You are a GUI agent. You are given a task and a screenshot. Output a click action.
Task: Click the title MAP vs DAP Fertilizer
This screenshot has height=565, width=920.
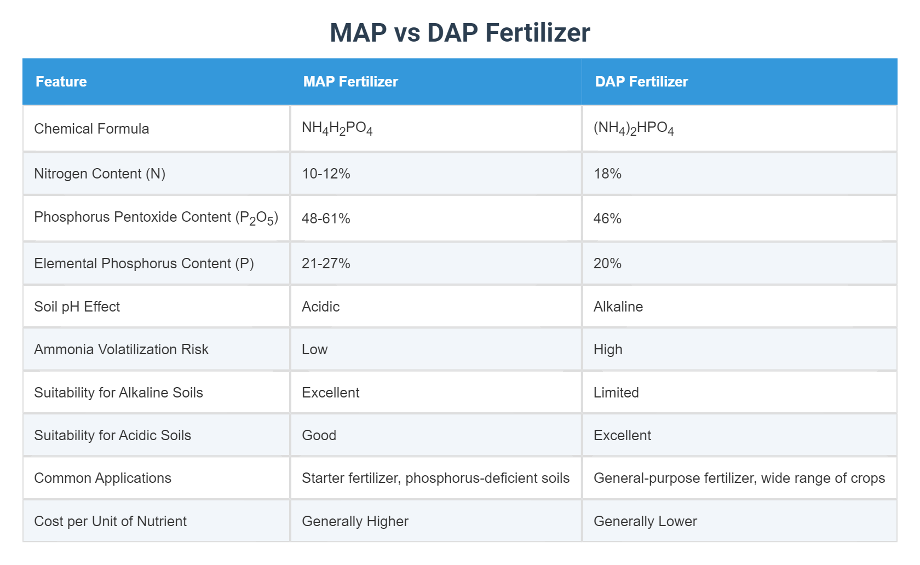[x=459, y=32]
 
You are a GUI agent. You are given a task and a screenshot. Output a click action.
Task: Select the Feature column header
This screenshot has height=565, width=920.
[x=61, y=82]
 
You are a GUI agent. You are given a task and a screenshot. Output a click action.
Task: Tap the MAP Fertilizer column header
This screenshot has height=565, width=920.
[x=350, y=82]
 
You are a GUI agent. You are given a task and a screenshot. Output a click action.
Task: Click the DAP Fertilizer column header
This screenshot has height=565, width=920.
[x=641, y=82]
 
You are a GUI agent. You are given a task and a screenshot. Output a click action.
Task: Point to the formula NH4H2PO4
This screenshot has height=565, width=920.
[x=337, y=129]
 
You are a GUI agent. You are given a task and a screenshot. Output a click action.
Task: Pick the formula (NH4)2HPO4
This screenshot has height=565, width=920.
[x=634, y=129]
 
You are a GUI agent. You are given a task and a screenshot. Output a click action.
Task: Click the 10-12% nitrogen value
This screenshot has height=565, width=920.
[x=326, y=174]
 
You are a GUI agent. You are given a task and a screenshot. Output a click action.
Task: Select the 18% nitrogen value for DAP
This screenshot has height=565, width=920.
[x=607, y=174]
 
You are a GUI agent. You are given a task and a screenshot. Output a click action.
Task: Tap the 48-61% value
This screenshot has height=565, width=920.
[x=326, y=218]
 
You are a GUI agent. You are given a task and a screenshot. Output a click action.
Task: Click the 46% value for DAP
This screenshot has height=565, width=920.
[x=607, y=218]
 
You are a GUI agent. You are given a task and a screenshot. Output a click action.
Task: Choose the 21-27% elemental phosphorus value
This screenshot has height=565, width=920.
[x=326, y=263]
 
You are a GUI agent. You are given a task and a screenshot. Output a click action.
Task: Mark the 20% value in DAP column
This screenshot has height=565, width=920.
[x=607, y=263]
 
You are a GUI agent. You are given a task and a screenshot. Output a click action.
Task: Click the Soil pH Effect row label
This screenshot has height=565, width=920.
[x=77, y=307]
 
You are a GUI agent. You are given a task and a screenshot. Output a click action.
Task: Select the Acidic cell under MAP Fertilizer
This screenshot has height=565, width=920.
[x=320, y=307]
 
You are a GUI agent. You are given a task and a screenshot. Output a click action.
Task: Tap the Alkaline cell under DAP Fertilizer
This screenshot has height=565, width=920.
[x=618, y=307]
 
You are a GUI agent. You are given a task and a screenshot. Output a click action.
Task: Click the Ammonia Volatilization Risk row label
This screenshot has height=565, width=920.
[x=121, y=349]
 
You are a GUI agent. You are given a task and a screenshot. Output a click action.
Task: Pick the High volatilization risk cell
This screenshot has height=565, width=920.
[x=608, y=349]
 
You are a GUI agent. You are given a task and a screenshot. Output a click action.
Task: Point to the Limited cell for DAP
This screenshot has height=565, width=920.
[x=616, y=393]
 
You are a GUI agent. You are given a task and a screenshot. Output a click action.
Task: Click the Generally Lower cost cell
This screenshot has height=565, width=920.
[x=645, y=521]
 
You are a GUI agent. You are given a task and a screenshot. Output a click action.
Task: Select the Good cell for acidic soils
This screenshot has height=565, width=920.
[x=319, y=435]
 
